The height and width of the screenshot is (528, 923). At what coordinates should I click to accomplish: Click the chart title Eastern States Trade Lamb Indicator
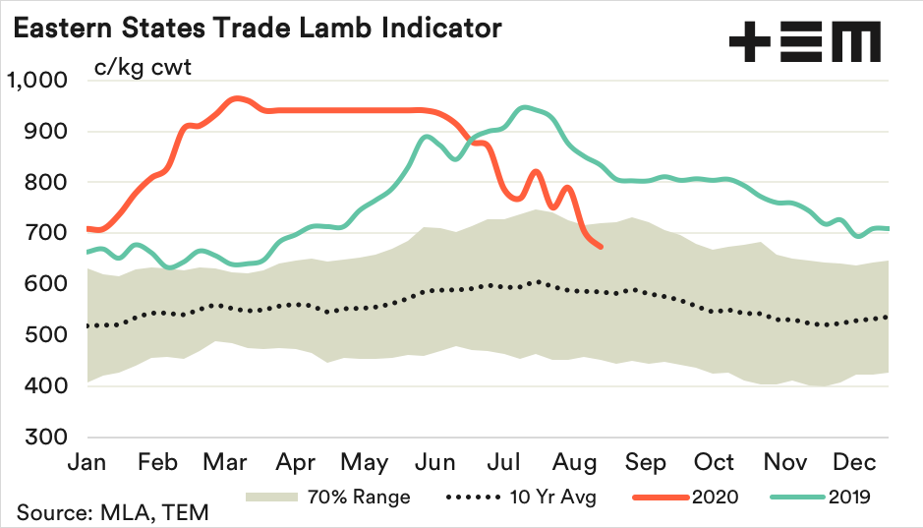click(257, 28)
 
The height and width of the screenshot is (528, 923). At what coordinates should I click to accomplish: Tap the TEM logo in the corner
click(804, 43)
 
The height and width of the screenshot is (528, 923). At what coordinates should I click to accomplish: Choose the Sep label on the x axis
click(646, 462)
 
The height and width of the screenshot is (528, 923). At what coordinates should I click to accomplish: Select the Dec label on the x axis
click(854, 462)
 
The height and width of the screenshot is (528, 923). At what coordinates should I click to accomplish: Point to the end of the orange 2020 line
click(602, 247)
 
